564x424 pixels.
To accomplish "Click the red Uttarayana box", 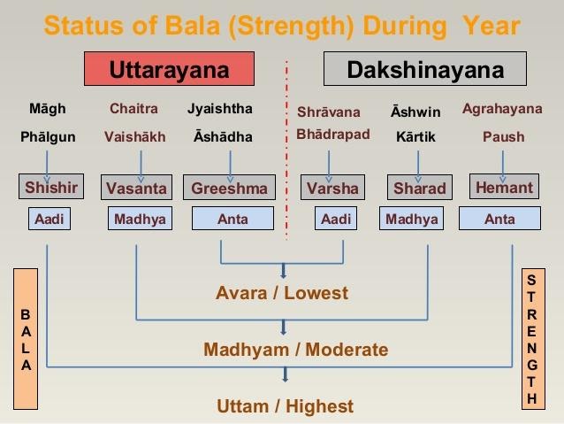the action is tap(169, 68).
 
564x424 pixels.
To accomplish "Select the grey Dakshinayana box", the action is tap(425, 68).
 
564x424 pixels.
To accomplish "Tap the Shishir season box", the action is tap(51, 187).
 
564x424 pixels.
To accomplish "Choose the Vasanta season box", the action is tap(136, 188).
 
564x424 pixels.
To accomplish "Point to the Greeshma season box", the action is tap(229, 188).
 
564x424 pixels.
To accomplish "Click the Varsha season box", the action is tap(332, 188).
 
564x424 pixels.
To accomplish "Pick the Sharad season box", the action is tap(419, 188).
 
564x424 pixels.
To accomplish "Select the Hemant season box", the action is tap(504, 187).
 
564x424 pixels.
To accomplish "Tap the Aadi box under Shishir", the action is tap(50, 219).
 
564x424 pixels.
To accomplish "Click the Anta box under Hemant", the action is tap(499, 219).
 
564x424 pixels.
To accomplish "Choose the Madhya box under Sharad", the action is tap(411, 219).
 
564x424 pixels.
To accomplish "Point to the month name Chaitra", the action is tap(133, 108).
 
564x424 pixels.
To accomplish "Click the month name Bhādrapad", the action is tap(333, 135).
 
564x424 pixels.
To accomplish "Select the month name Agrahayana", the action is tap(502, 109).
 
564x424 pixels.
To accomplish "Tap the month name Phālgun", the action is tap(48, 137).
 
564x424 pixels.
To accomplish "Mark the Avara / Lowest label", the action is tap(282, 293).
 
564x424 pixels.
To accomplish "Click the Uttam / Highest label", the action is tap(285, 406).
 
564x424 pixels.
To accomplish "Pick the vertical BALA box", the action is tap(26, 339).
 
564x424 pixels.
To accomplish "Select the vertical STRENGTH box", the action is tap(533, 339).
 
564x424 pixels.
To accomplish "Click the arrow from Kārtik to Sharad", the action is tap(418, 166).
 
